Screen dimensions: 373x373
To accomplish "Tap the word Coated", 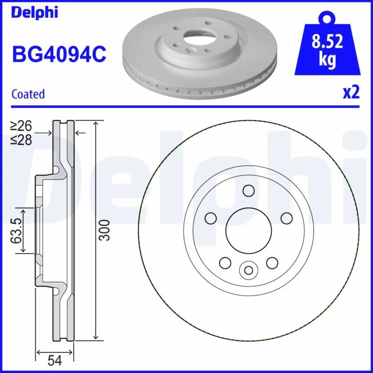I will (x=28, y=94).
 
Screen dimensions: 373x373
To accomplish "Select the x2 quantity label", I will (x=352, y=93).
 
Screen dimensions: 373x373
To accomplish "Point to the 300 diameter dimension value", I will (x=106, y=229).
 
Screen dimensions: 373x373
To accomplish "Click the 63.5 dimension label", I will (x=17, y=229).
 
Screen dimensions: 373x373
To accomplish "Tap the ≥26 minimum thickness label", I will (x=21, y=125).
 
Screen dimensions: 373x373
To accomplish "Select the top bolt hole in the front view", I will (x=249, y=190).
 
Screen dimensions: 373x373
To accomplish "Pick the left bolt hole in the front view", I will (x=211, y=218).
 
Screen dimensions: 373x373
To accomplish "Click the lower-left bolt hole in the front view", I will (x=225, y=263).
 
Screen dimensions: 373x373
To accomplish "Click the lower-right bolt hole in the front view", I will (x=272, y=263).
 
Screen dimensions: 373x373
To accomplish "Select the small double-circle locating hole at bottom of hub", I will (x=248, y=269).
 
